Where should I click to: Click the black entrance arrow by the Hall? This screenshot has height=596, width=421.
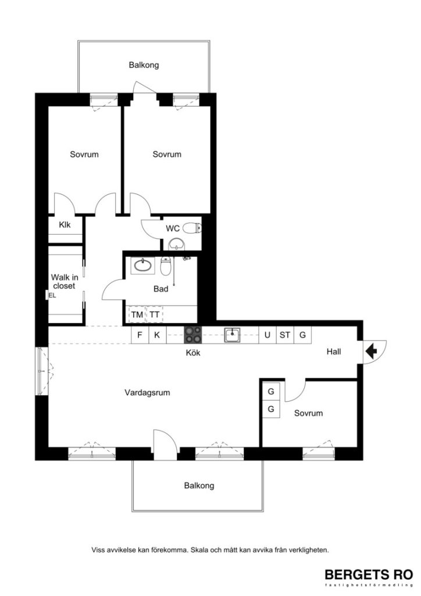[370, 350]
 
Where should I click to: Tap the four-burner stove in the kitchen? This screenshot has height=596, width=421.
[193, 335]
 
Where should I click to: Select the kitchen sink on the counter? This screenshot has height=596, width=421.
[232, 334]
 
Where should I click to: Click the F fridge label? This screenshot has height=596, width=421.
[140, 335]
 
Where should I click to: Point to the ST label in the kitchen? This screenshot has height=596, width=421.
[284, 335]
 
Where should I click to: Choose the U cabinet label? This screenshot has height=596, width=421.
[267, 335]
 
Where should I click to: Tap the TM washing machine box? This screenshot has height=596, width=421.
[137, 315]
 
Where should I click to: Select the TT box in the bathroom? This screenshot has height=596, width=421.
[154, 315]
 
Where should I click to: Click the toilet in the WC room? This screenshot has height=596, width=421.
[191, 228]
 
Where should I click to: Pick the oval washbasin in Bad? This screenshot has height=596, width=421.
[141, 266]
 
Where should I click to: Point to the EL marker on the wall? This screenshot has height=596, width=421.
[52, 296]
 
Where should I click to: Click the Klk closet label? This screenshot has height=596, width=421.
[65, 225]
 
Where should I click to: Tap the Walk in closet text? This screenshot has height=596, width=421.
[64, 282]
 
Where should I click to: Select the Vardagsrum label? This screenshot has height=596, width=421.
[147, 393]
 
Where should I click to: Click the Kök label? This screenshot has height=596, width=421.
[192, 353]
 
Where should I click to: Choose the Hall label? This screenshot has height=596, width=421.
[333, 352]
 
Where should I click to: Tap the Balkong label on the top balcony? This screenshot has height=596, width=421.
[144, 65]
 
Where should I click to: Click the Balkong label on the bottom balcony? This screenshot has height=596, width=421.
[199, 485]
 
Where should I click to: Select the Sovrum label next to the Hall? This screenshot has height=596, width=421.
[308, 413]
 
